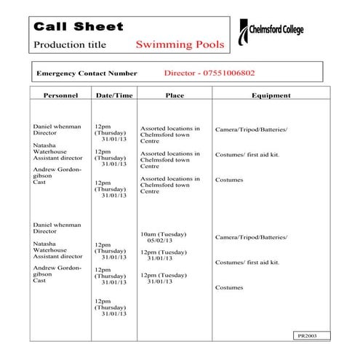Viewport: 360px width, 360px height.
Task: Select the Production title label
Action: [x=70, y=45]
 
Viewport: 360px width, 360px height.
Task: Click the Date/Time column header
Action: [x=114, y=95]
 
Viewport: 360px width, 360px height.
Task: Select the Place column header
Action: [x=175, y=95]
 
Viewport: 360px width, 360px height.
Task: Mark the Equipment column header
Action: [x=271, y=95]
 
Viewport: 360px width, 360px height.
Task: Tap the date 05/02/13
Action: [x=160, y=241]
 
